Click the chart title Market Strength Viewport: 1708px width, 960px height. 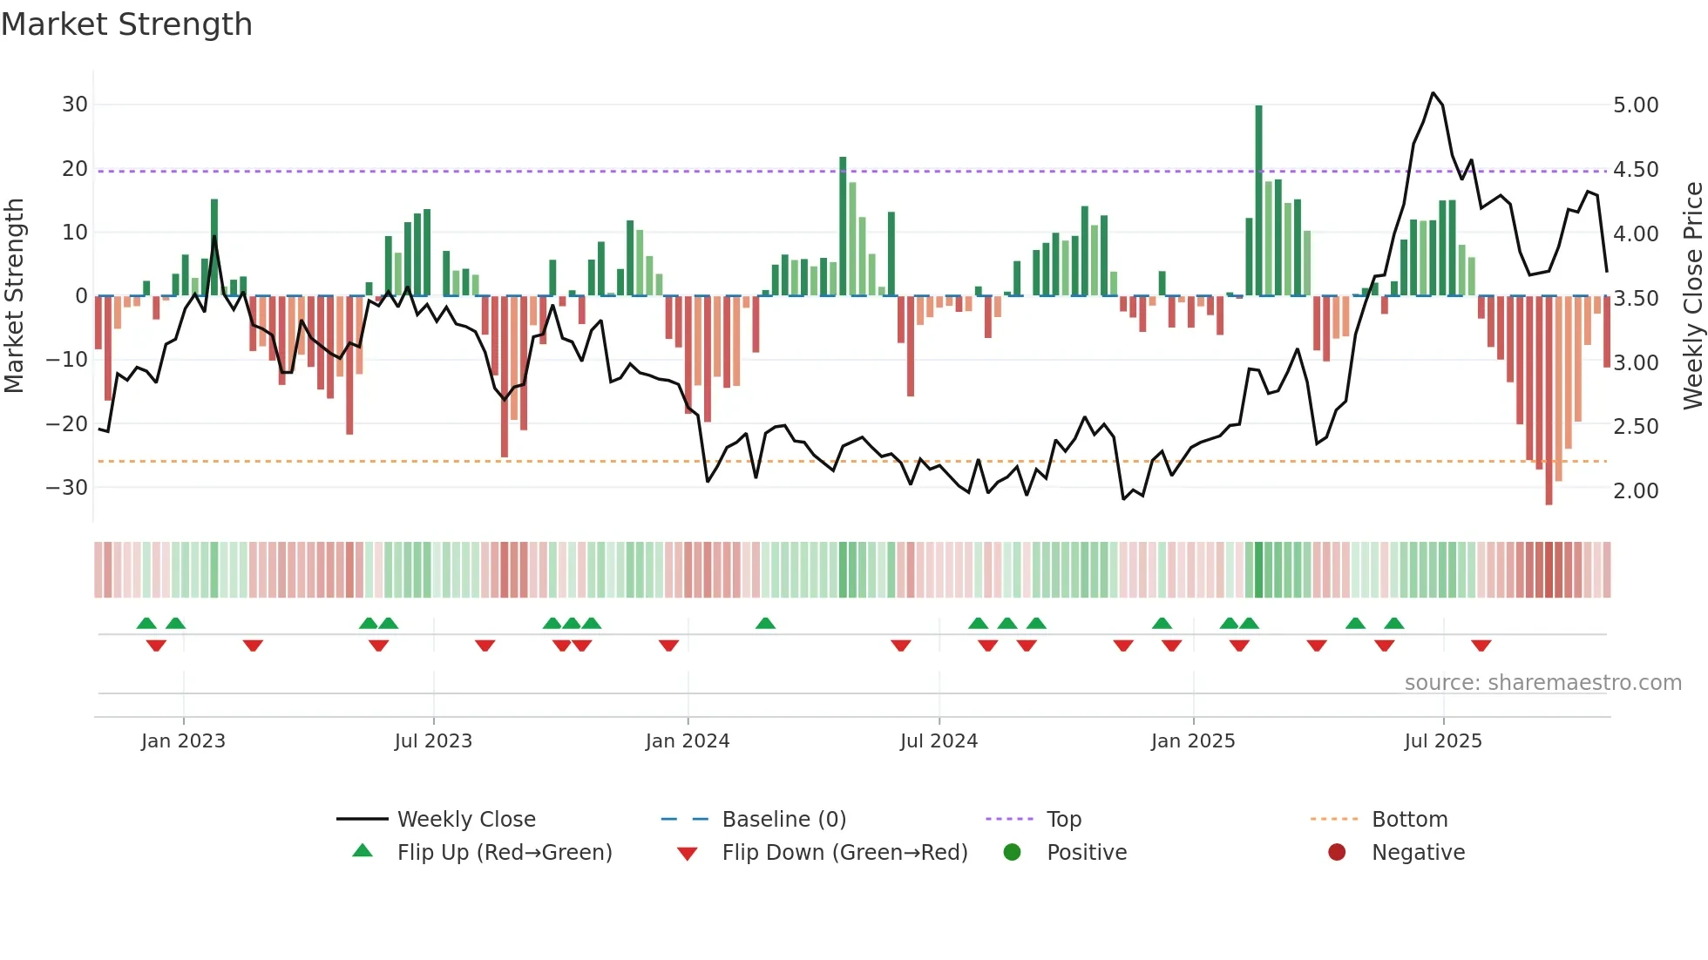click(x=126, y=24)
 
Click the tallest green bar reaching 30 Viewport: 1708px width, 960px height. click(x=1258, y=200)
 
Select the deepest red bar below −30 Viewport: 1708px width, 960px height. click(x=1549, y=401)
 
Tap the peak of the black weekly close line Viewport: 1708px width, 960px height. click(x=1433, y=93)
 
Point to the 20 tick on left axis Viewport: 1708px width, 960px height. click(x=75, y=169)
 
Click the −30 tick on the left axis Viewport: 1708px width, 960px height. click(x=67, y=488)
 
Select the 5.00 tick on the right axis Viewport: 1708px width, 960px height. click(x=1636, y=105)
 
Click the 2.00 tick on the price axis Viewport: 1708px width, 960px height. click(x=1636, y=491)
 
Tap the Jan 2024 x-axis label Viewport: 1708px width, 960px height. click(x=687, y=741)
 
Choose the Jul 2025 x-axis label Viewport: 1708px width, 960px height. click(x=1442, y=741)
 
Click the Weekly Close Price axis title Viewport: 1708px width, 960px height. click(x=1692, y=296)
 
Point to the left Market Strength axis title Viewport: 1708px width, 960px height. click(x=14, y=296)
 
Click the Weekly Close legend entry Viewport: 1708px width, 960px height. click(x=465, y=820)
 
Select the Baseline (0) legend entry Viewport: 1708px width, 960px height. click(x=783, y=820)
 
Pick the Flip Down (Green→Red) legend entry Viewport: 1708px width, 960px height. click(x=844, y=853)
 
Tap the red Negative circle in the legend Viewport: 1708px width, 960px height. click(x=1336, y=853)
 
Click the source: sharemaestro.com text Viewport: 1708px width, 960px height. click(x=1542, y=683)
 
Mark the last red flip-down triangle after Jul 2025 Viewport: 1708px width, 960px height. click(x=1481, y=646)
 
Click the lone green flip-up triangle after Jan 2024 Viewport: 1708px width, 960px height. click(x=765, y=623)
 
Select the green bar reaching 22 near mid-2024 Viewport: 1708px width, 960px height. click(x=843, y=226)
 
